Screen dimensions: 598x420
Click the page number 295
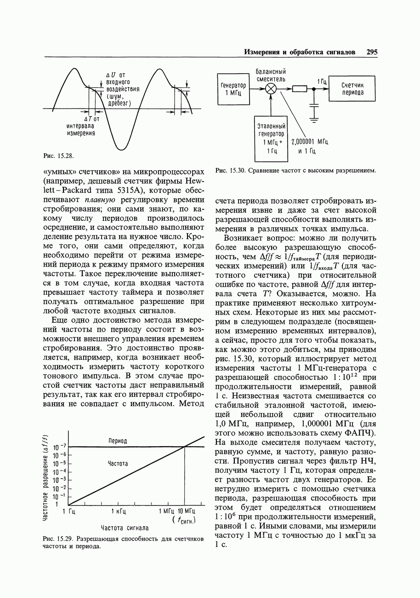[372, 52]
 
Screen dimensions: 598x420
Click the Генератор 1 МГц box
[233, 89]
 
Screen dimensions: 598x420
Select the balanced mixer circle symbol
[271, 89]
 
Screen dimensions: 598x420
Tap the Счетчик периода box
[352, 89]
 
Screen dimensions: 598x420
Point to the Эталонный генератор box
[271, 138]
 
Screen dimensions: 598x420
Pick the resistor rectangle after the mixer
[299, 89]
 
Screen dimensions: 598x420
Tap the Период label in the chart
[118, 441]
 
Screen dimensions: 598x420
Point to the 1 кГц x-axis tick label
[119, 511]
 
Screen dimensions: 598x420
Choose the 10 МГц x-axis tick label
[187, 511]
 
